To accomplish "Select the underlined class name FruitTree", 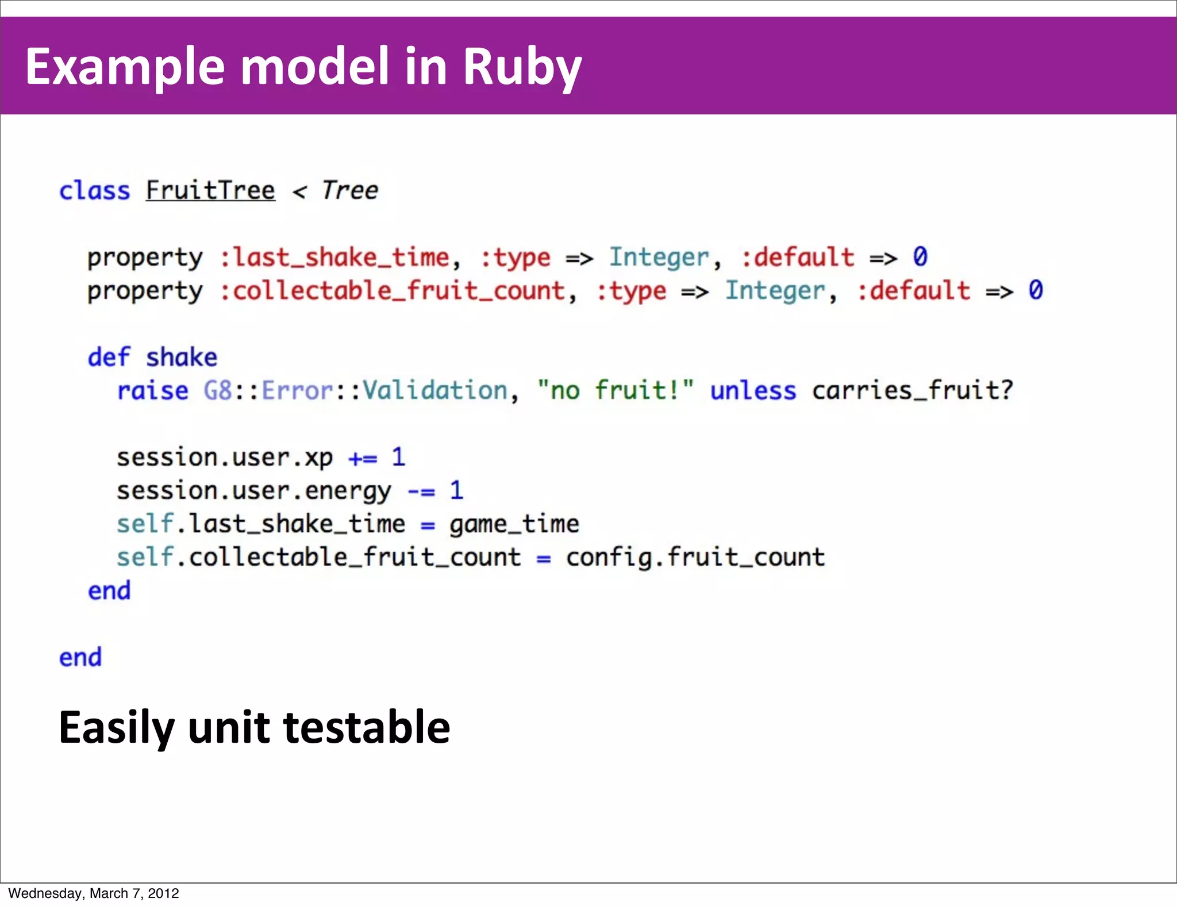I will [x=210, y=191].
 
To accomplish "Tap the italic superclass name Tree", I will [x=349, y=191].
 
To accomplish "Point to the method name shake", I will [x=182, y=358].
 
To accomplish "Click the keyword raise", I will [x=152, y=391].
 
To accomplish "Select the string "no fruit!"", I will [x=616, y=391].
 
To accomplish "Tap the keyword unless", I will [x=753, y=391].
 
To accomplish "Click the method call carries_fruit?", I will [x=912, y=391].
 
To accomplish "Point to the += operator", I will [x=363, y=458].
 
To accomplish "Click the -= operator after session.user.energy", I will [x=421, y=492].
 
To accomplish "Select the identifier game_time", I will [x=514, y=524].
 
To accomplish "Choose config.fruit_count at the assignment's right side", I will [x=695, y=558].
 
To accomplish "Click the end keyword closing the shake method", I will [x=109, y=591].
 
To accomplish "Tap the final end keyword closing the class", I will [x=80, y=658].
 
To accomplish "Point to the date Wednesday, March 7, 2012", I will [x=94, y=893].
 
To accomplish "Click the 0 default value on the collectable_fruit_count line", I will [x=1036, y=290].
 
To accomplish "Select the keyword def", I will [x=109, y=358].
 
